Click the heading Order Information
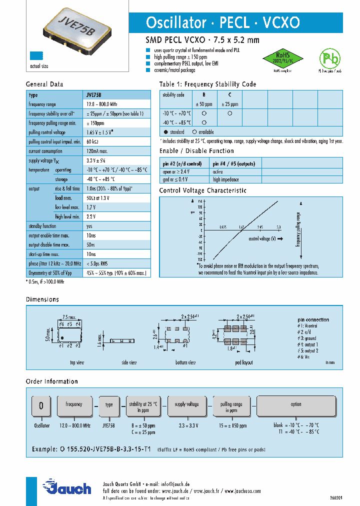(x=51, y=381)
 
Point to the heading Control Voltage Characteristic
(x=202, y=190)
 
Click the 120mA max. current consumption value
(x=97, y=151)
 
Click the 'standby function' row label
(x=42, y=226)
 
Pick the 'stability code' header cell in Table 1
(x=173, y=95)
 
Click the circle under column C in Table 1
(x=229, y=113)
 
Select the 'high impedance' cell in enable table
(x=225, y=179)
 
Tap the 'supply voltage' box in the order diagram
(x=186, y=404)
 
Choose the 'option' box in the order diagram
(x=296, y=404)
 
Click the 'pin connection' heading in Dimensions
(x=313, y=319)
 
